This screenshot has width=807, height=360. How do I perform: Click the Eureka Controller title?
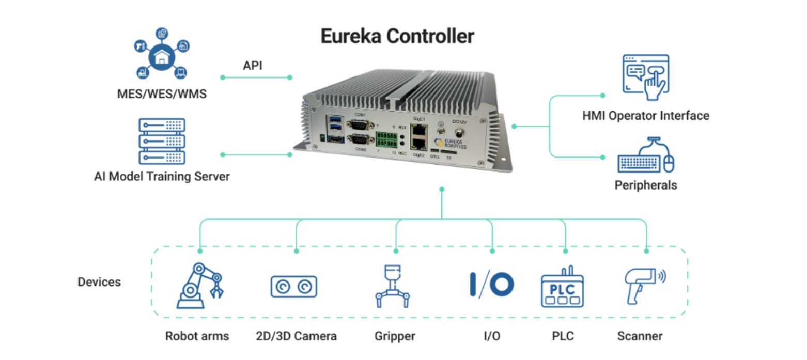click(397, 37)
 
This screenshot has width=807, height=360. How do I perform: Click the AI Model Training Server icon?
click(162, 141)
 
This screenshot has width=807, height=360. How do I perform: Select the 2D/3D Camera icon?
click(293, 286)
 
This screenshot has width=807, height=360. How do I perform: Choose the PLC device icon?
click(562, 287)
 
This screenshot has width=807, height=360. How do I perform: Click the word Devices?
click(99, 282)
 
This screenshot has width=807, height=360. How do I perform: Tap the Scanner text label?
click(640, 336)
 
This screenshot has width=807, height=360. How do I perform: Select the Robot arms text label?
click(197, 336)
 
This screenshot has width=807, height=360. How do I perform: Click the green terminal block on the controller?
click(387, 139)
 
